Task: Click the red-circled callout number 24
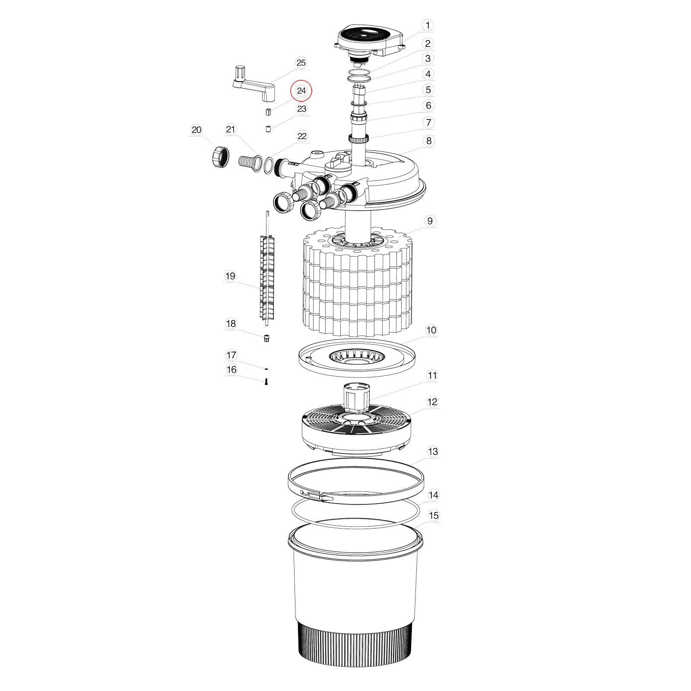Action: pyautogui.click(x=301, y=91)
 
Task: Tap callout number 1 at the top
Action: pyautogui.click(x=428, y=25)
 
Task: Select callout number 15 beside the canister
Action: pyautogui.click(x=434, y=515)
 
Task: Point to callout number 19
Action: pyautogui.click(x=230, y=276)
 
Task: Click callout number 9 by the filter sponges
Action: pyautogui.click(x=430, y=221)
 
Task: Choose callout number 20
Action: pyautogui.click(x=197, y=130)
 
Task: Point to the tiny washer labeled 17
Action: pyautogui.click(x=266, y=369)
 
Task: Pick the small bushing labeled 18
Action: pyautogui.click(x=267, y=338)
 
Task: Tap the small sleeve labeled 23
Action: pyautogui.click(x=268, y=129)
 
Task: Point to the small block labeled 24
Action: pyautogui.click(x=268, y=112)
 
